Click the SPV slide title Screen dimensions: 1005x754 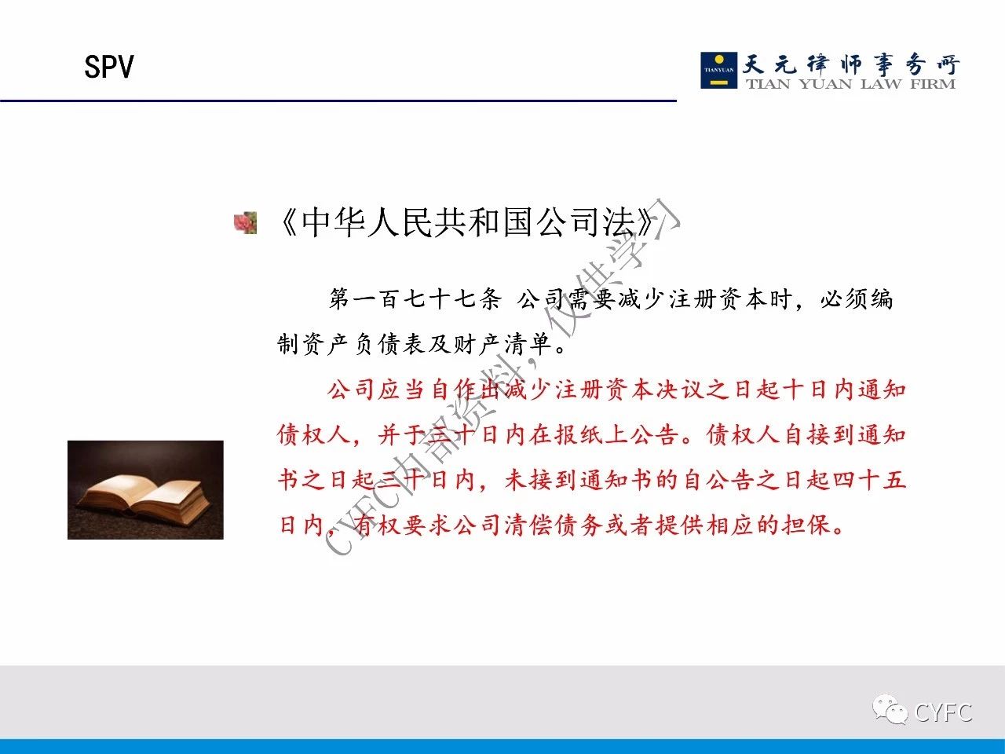[x=109, y=67]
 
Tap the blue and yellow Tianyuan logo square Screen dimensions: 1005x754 [x=719, y=70]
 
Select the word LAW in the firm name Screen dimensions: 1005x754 [x=882, y=84]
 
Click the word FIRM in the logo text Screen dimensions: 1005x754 [x=933, y=84]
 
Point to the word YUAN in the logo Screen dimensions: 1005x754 [x=825, y=84]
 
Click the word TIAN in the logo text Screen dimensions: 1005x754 [x=769, y=84]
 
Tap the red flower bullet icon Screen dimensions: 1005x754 [x=246, y=223]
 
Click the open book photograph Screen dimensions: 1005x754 [x=145, y=490]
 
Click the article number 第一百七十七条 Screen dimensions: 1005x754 [x=415, y=299]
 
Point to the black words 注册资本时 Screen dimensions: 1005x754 [x=730, y=299]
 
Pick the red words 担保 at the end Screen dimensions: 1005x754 [x=806, y=525]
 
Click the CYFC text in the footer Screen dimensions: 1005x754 [x=943, y=712]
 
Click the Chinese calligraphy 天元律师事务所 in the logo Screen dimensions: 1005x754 [x=850, y=64]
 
